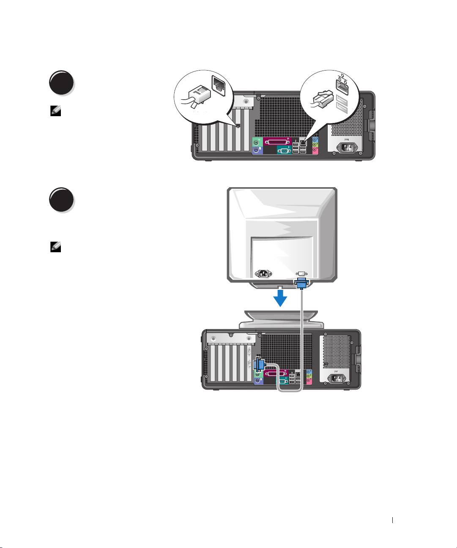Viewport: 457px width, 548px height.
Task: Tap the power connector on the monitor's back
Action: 263,273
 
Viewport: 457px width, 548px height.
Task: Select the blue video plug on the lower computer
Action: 260,365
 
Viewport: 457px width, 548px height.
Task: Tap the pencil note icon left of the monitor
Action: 55,248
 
